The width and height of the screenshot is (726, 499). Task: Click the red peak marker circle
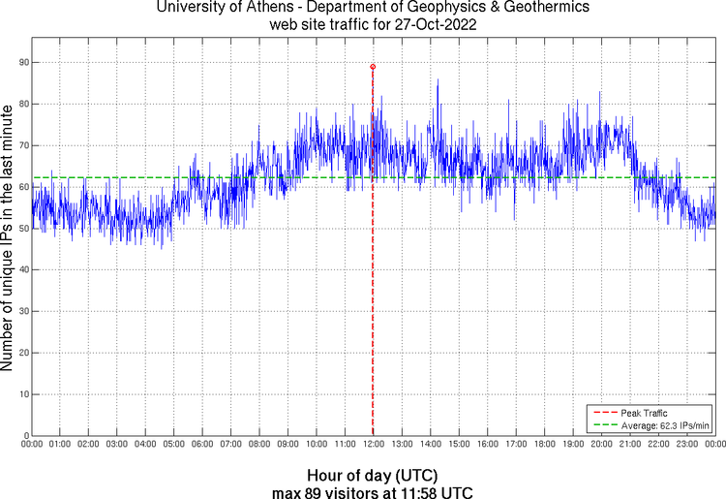[373, 67]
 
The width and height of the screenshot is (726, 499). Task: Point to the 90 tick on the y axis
[21, 62]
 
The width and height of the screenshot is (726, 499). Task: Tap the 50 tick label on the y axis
[21, 229]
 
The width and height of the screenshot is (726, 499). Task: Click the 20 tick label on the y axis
[21, 354]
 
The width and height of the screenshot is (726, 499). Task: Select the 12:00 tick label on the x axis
[374, 444]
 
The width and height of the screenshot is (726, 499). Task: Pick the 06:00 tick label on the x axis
[202, 444]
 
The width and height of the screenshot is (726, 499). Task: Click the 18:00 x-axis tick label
[545, 444]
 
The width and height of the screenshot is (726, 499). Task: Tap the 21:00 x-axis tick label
[630, 444]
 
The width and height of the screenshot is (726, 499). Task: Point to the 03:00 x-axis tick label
[116, 444]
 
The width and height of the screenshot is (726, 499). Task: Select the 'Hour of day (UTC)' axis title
[373, 476]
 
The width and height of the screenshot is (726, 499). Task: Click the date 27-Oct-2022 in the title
[428, 25]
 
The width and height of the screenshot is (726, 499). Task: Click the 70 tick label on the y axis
[21, 145]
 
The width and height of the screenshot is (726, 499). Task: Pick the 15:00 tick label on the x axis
[459, 444]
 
